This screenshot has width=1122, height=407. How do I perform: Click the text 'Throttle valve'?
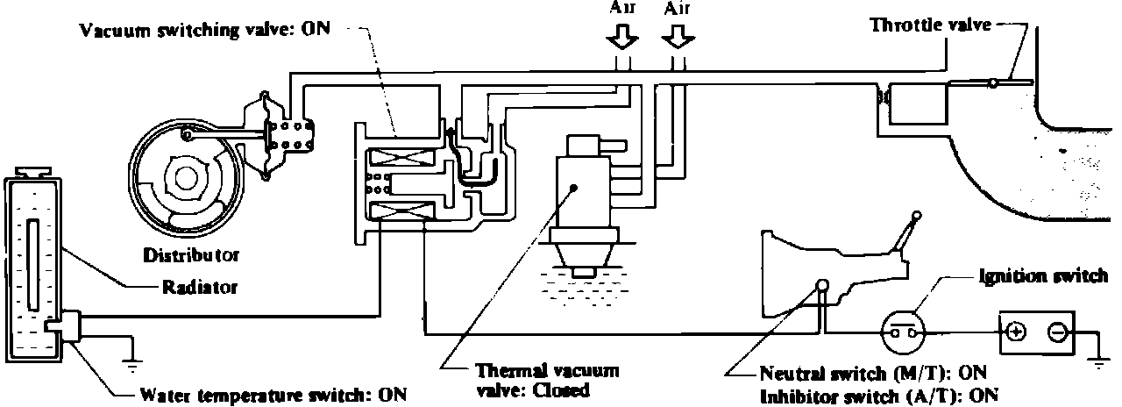point(930,25)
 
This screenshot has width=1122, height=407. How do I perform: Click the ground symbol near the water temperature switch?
point(131,354)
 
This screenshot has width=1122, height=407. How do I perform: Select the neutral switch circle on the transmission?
point(822,284)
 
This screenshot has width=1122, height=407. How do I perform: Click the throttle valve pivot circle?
point(992,84)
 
